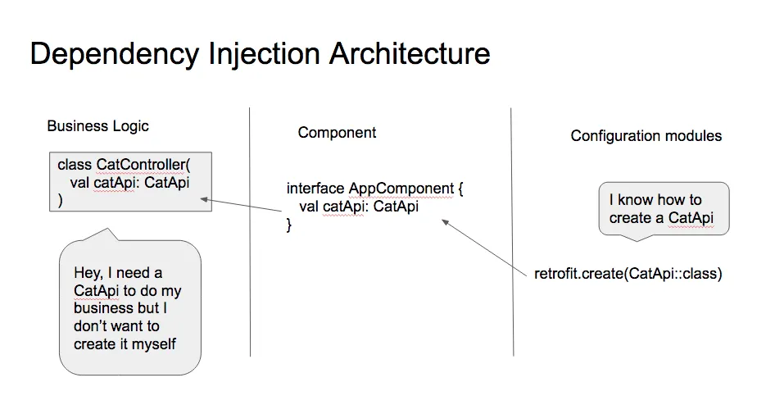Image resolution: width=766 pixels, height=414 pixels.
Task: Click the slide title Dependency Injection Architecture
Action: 260,54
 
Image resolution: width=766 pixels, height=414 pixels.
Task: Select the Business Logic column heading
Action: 97,126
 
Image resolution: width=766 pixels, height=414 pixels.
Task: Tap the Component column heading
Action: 337,133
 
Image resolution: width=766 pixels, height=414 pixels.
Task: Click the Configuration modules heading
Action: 646,136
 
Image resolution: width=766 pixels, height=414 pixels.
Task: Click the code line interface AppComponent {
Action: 374,189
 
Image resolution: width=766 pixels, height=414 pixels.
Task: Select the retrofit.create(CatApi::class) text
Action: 628,274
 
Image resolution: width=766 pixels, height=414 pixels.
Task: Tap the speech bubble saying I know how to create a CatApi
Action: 663,208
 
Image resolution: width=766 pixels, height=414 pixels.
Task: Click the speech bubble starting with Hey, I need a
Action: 129,308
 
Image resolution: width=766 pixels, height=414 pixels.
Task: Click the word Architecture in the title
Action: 410,54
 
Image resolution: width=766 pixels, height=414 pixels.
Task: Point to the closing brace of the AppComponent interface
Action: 289,224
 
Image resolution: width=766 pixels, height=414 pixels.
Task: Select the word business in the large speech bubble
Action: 103,309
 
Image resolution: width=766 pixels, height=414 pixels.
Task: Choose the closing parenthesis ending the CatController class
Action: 61,200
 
